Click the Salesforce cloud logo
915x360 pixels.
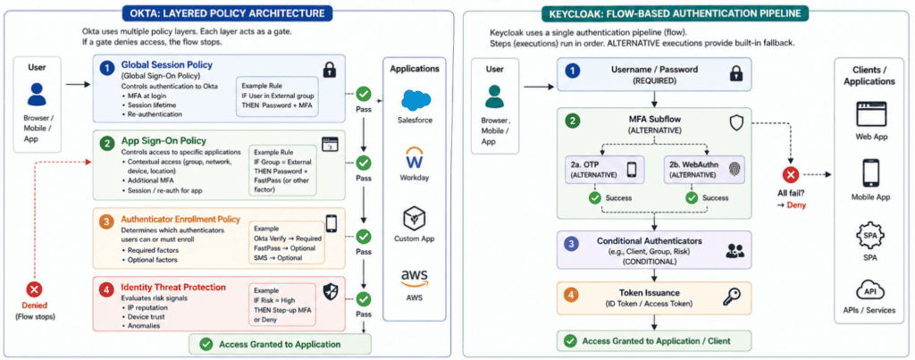(416, 100)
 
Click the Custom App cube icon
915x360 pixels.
(416, 217)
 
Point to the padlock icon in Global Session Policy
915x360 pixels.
(330, 70)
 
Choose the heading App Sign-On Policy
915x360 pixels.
(162, 140)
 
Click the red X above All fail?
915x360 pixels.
(790, 176)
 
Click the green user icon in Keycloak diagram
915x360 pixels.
(494, 96)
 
